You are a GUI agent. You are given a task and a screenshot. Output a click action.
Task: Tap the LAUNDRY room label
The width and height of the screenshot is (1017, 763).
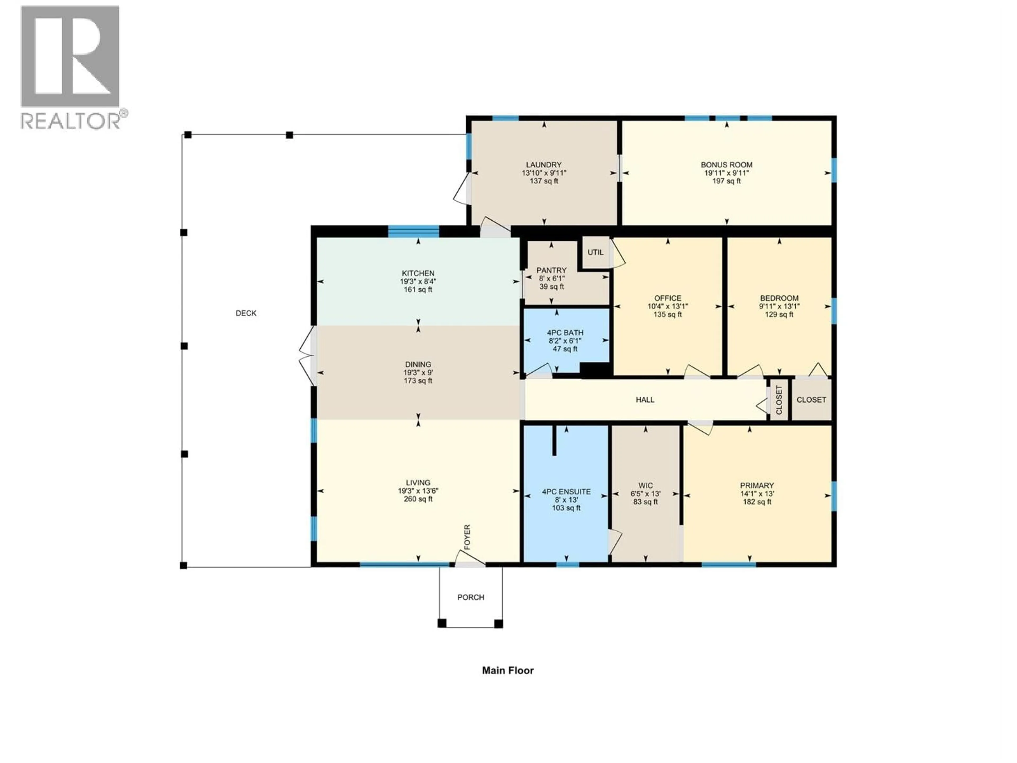[x=544, y=165]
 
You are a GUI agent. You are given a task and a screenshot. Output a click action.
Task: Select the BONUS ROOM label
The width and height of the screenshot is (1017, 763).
[x=726, y=165]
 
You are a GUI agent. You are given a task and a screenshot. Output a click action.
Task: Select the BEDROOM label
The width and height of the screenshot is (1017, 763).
[x=779, y=298]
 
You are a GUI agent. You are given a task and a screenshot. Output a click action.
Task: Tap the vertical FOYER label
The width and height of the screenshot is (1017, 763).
[x=467, y=537]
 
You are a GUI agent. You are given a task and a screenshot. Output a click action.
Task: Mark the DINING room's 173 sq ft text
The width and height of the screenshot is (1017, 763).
[x=418, y=381]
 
